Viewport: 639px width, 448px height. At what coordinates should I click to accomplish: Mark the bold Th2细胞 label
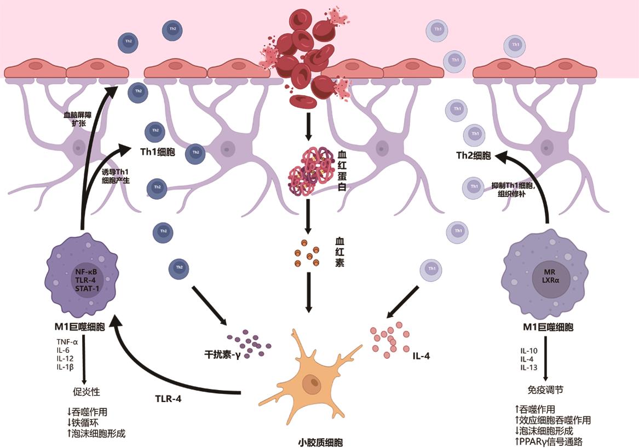[x=474, y=155]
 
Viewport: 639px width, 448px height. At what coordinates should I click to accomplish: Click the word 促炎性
[x=86, y=391]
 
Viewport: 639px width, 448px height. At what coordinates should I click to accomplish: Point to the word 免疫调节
[x=545, y=390]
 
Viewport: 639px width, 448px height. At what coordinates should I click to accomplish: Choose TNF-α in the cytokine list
[x=67, y=341]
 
